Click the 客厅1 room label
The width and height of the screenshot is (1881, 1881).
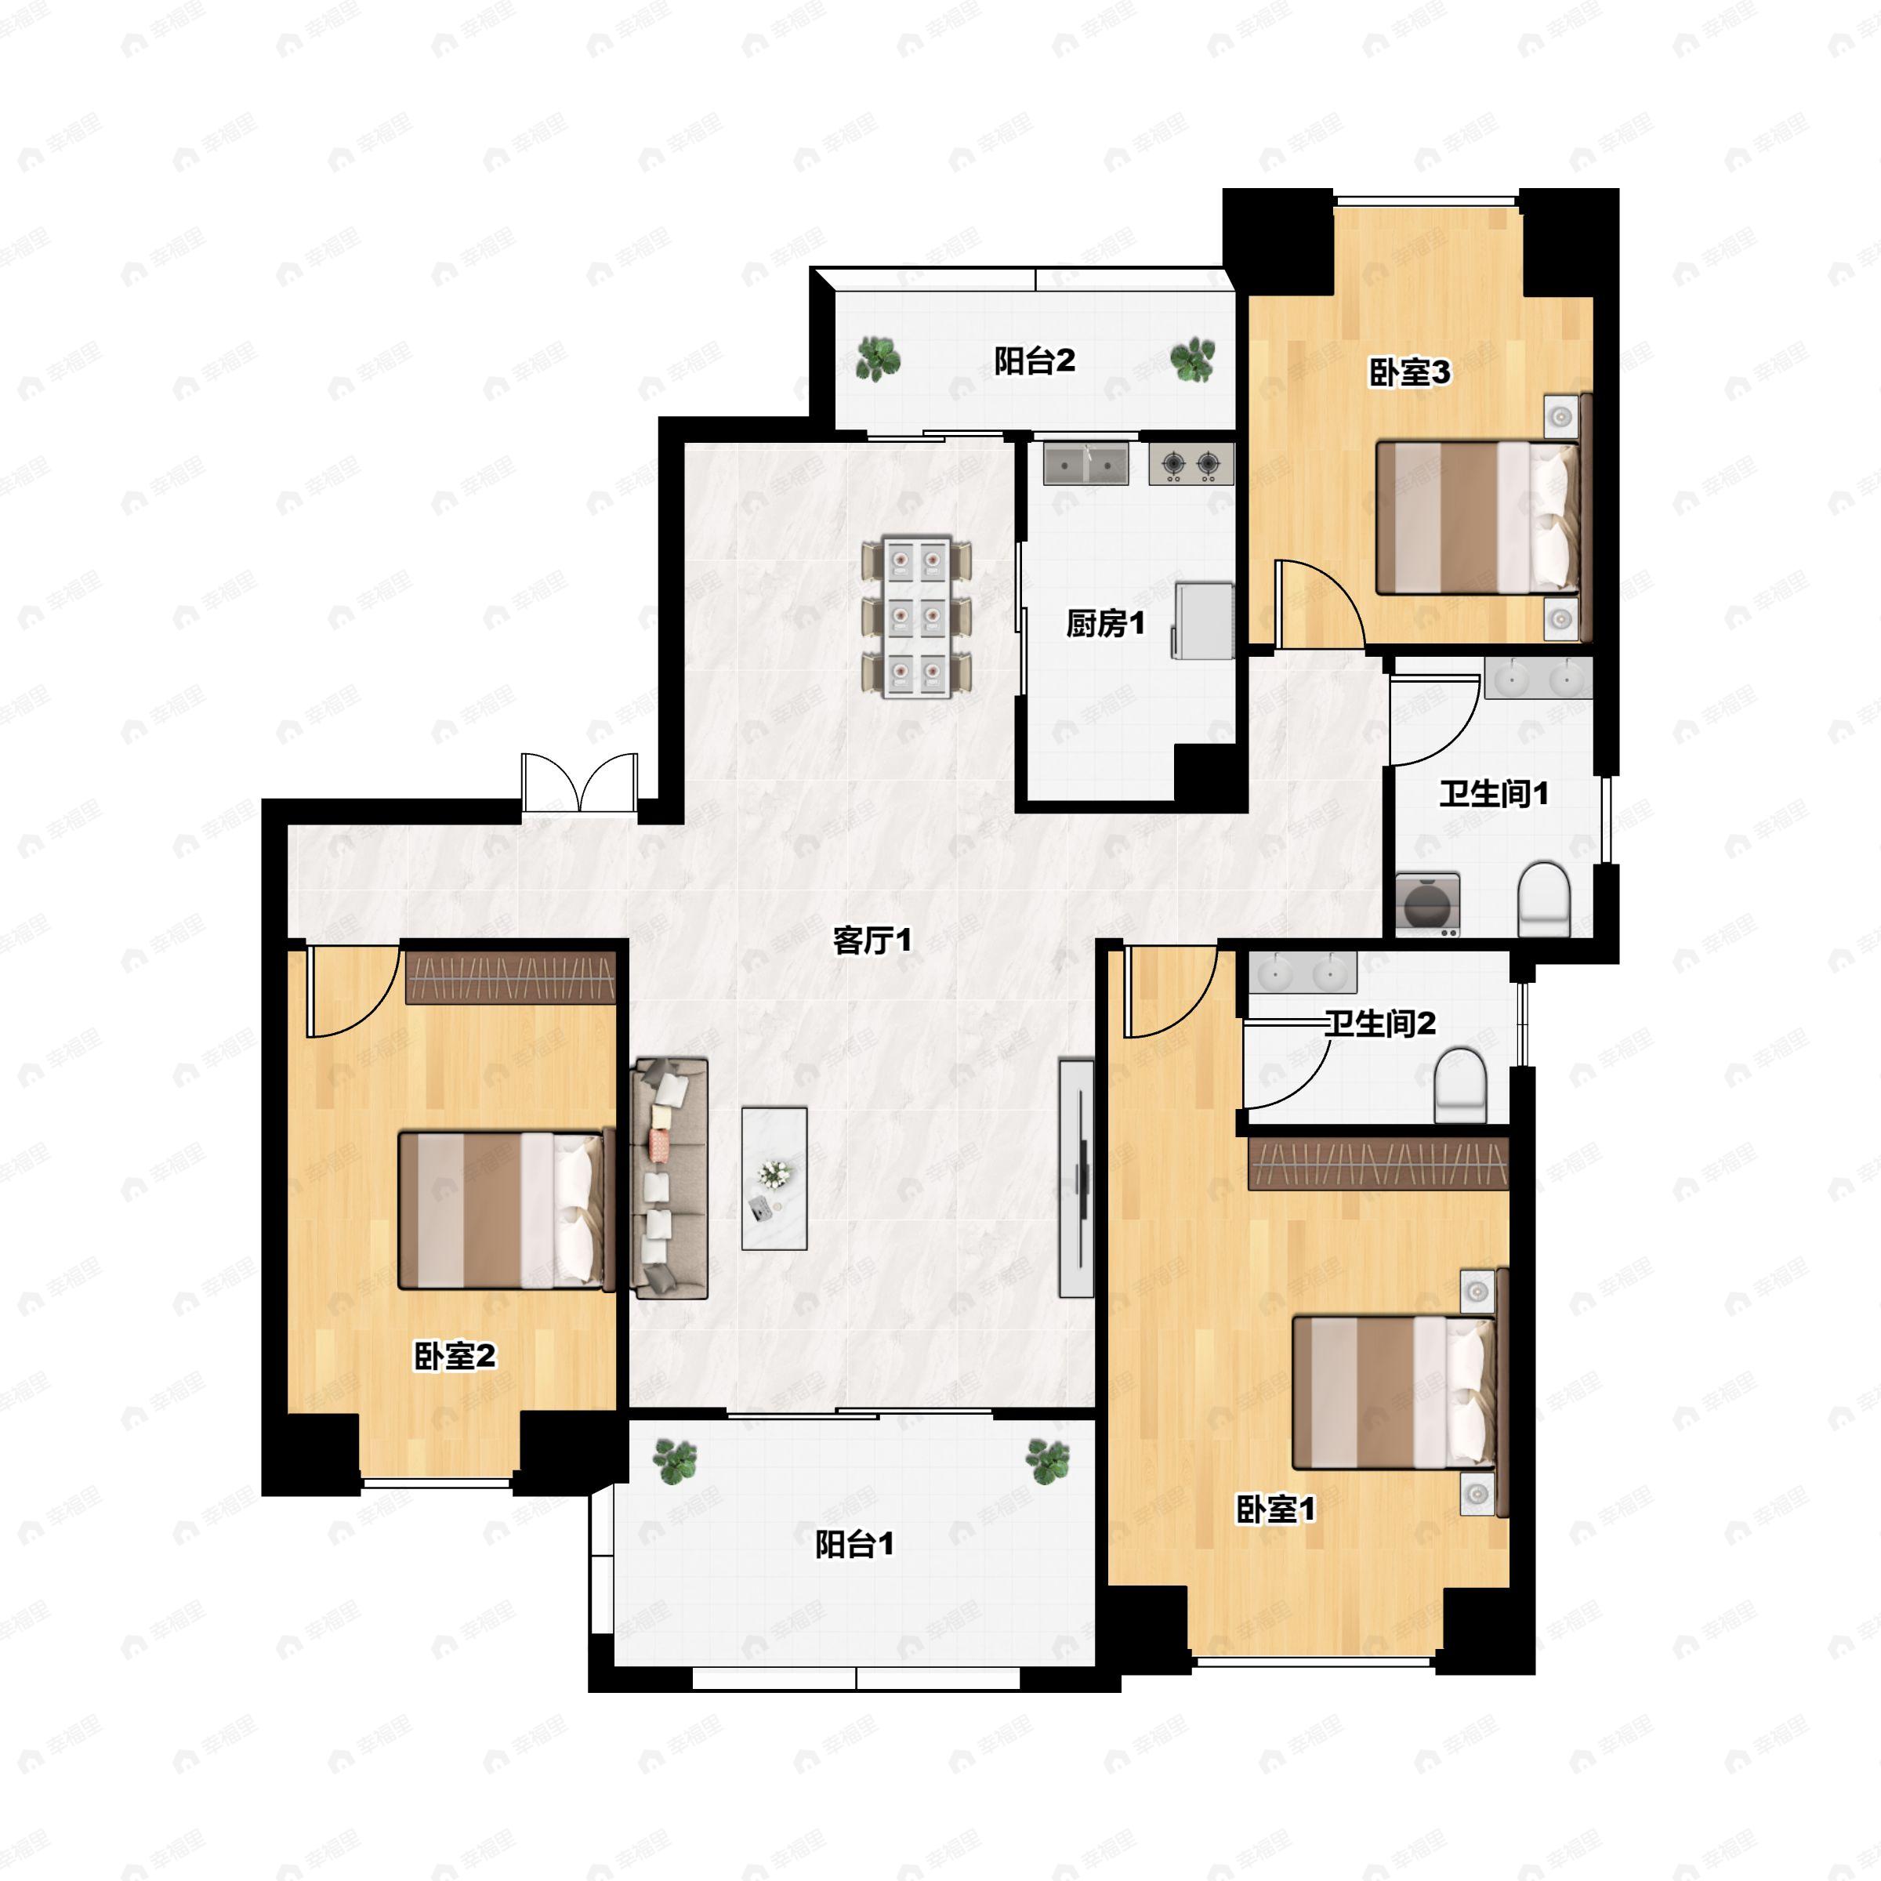872,940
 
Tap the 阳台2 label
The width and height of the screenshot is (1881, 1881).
1034,361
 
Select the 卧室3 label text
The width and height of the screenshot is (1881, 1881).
1410,372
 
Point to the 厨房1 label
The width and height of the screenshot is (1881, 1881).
1105,623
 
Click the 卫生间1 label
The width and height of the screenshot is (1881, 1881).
1494,793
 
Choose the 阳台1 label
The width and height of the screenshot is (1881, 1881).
854,1544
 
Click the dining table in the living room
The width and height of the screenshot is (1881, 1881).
916,616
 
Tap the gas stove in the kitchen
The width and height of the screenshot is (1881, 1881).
1191,463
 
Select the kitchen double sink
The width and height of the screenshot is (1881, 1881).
1085,463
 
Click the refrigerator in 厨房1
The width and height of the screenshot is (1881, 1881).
1203,620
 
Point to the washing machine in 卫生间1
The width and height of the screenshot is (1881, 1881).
1427,904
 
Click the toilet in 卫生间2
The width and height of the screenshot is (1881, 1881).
1462,1085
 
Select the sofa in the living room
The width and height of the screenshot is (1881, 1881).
670,1179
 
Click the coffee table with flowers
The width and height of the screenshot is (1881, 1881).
774,1179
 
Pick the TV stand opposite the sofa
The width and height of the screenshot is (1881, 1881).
1076,1178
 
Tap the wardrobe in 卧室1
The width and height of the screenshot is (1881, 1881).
1378,1163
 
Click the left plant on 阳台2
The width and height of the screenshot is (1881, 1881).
878,358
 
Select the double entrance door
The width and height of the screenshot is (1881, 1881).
579,782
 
